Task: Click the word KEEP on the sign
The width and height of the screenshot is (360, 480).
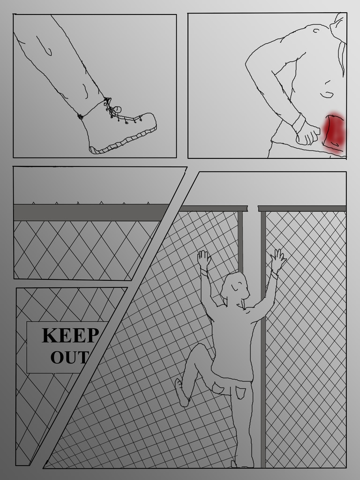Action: point(71,335)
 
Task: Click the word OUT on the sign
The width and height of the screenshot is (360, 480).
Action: point(70,357)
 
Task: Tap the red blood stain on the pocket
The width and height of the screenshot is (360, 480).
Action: point(334,133)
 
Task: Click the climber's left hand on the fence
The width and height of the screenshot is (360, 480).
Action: point(204,259)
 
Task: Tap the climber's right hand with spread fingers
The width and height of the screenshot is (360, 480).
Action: point(278,260)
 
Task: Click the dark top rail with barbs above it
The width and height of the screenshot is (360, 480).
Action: point(91,212)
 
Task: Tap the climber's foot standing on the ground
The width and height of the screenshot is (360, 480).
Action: point(242,465)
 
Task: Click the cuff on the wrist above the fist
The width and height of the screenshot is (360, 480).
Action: point(299,123)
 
